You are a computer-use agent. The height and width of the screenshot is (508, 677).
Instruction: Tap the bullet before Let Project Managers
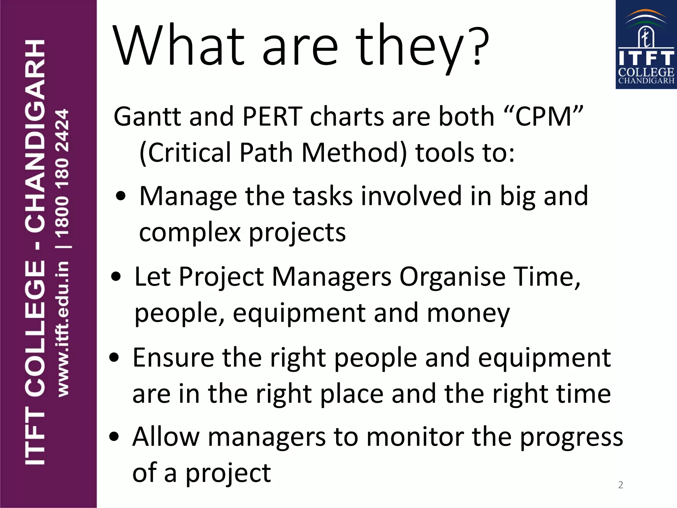116,276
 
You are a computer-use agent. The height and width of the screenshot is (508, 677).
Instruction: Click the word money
468,313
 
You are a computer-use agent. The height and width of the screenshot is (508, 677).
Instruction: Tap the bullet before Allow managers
114,437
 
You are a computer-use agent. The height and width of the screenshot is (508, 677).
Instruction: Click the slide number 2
620,485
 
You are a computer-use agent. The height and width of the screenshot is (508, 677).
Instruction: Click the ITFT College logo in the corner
646,45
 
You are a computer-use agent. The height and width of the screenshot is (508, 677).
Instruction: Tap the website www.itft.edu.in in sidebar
63,329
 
